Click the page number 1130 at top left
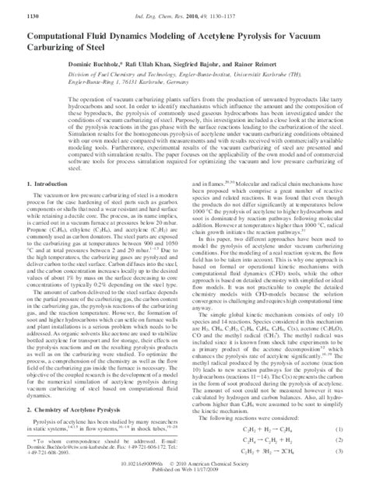[15, 15]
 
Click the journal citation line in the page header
[185, 15]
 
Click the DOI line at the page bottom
[184, 476]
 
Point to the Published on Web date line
[184, 482]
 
